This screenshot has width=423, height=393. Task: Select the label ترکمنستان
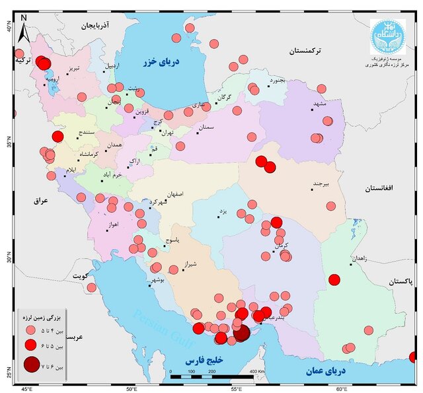click(x=309, y=50)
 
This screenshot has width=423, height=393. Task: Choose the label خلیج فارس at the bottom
click(x=203, y=361)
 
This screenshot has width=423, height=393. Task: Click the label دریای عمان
click(x=327, y=373)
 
